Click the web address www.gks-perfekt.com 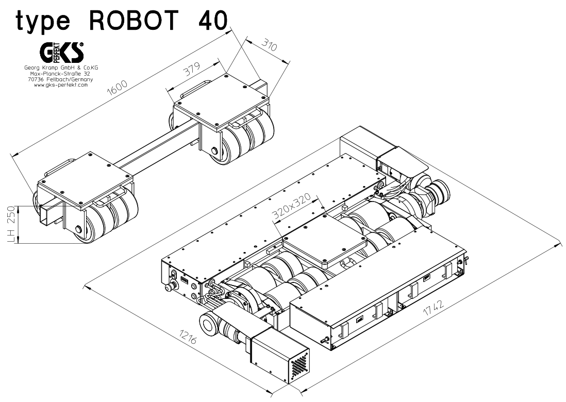pos(62,85)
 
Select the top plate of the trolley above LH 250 pos(85,175)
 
